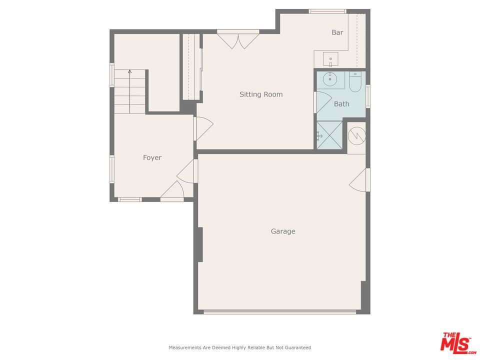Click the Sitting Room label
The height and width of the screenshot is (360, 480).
(260, 94)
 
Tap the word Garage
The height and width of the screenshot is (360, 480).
(283, 231)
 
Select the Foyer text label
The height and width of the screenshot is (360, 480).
(152, 157)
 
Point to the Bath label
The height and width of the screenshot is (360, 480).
(341, 104)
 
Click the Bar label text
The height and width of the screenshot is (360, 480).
(337, 32)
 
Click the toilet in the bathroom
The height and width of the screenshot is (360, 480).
(355, 82)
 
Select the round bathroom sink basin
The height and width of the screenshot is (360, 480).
(329, 79)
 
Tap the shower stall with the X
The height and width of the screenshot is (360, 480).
(329, 135)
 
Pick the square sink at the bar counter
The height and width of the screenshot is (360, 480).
(330, 59)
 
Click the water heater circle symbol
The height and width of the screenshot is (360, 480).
(356, 135)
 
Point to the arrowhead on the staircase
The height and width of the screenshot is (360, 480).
(129, 72)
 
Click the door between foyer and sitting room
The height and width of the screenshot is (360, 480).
(202, 128)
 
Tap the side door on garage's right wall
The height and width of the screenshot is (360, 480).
(360, 180)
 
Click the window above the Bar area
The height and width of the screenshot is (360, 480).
(327, 11)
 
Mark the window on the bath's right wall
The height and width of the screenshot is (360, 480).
(368, 96)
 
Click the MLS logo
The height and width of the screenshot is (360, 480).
(456, 342)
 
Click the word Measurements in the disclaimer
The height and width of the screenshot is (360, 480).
(185, 347)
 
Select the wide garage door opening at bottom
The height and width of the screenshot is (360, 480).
(280, 312)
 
